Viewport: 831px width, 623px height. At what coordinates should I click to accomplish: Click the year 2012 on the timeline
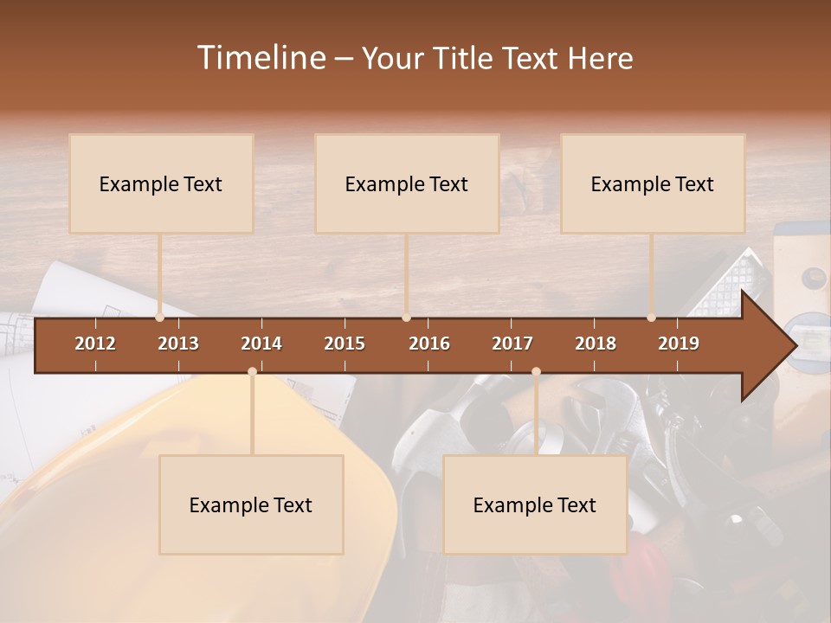point(95,344)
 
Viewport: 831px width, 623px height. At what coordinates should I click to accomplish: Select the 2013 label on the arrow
point(178,344)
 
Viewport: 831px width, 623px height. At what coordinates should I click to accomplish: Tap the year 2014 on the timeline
point(261,344)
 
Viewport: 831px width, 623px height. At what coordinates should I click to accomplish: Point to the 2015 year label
point(345,344)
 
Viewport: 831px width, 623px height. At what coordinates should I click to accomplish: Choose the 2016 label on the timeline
point(429,344)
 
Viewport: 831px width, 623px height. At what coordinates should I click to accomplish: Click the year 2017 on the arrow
point(512,344)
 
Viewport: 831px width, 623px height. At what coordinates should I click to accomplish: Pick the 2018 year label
point(596,344)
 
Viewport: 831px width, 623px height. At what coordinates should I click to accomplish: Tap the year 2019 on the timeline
point(679,344)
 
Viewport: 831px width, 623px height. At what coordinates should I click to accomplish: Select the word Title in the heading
point(462,59)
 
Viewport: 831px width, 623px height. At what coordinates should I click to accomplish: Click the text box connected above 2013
point(161,183)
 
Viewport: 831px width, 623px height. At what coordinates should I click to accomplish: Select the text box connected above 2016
point(407,183)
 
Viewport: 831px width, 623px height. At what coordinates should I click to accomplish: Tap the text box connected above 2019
point(653,183)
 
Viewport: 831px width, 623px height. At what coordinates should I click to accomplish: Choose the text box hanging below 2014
point(251,504)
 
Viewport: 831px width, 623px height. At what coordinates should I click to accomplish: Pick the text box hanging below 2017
point(535,504)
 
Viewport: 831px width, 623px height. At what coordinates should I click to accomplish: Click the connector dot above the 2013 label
point(160,318)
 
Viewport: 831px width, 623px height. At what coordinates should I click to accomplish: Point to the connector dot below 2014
point(252,371)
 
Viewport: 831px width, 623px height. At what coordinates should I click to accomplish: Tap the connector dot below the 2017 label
point(536,371)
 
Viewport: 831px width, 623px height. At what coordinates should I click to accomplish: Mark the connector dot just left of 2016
point(407,318)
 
